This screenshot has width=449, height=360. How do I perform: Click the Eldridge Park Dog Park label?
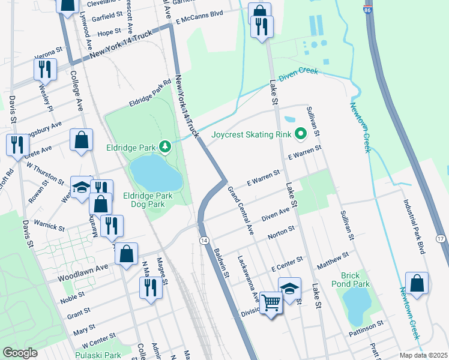pos(148,200)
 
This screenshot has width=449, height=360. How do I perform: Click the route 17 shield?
pos(441,239)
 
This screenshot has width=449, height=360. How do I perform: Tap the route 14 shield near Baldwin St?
pos(204,240)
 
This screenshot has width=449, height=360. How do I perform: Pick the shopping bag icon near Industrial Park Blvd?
pos(417,283)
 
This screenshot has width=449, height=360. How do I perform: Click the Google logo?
pos(20,353)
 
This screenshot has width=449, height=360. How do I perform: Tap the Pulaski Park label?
pos(97,355)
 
